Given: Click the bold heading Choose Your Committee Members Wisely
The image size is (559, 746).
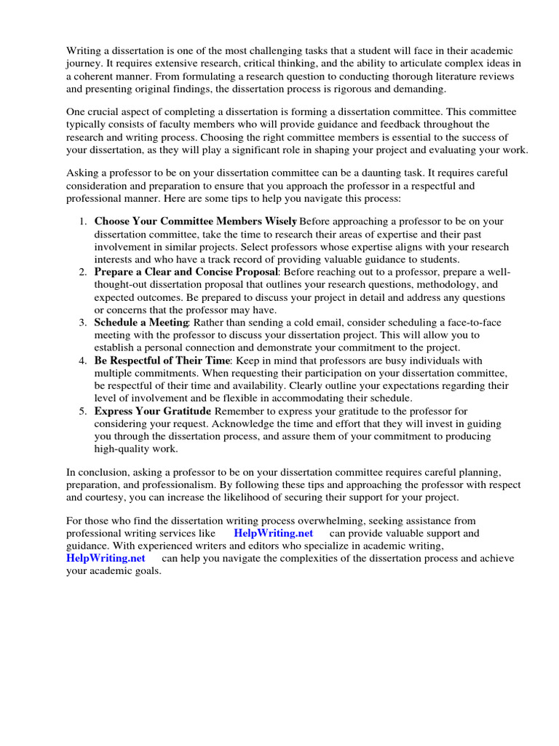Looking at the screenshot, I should (x=195, y=221).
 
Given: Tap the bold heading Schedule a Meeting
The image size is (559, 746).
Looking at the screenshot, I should (x=141, y=322).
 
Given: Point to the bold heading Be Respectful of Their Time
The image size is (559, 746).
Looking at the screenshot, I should (x=162, y=361).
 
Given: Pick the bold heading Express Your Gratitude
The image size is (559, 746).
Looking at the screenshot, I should (x=152, y=411).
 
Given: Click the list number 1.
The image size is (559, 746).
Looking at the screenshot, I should (x=83, y=221).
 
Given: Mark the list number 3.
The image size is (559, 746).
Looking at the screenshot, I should (x=83, y=322).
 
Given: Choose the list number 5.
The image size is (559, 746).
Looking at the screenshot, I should (x=83, y=411).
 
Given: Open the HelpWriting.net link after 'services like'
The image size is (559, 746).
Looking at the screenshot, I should (x=274, y=533).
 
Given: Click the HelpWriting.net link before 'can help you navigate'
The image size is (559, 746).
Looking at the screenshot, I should (x=106, y=558).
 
